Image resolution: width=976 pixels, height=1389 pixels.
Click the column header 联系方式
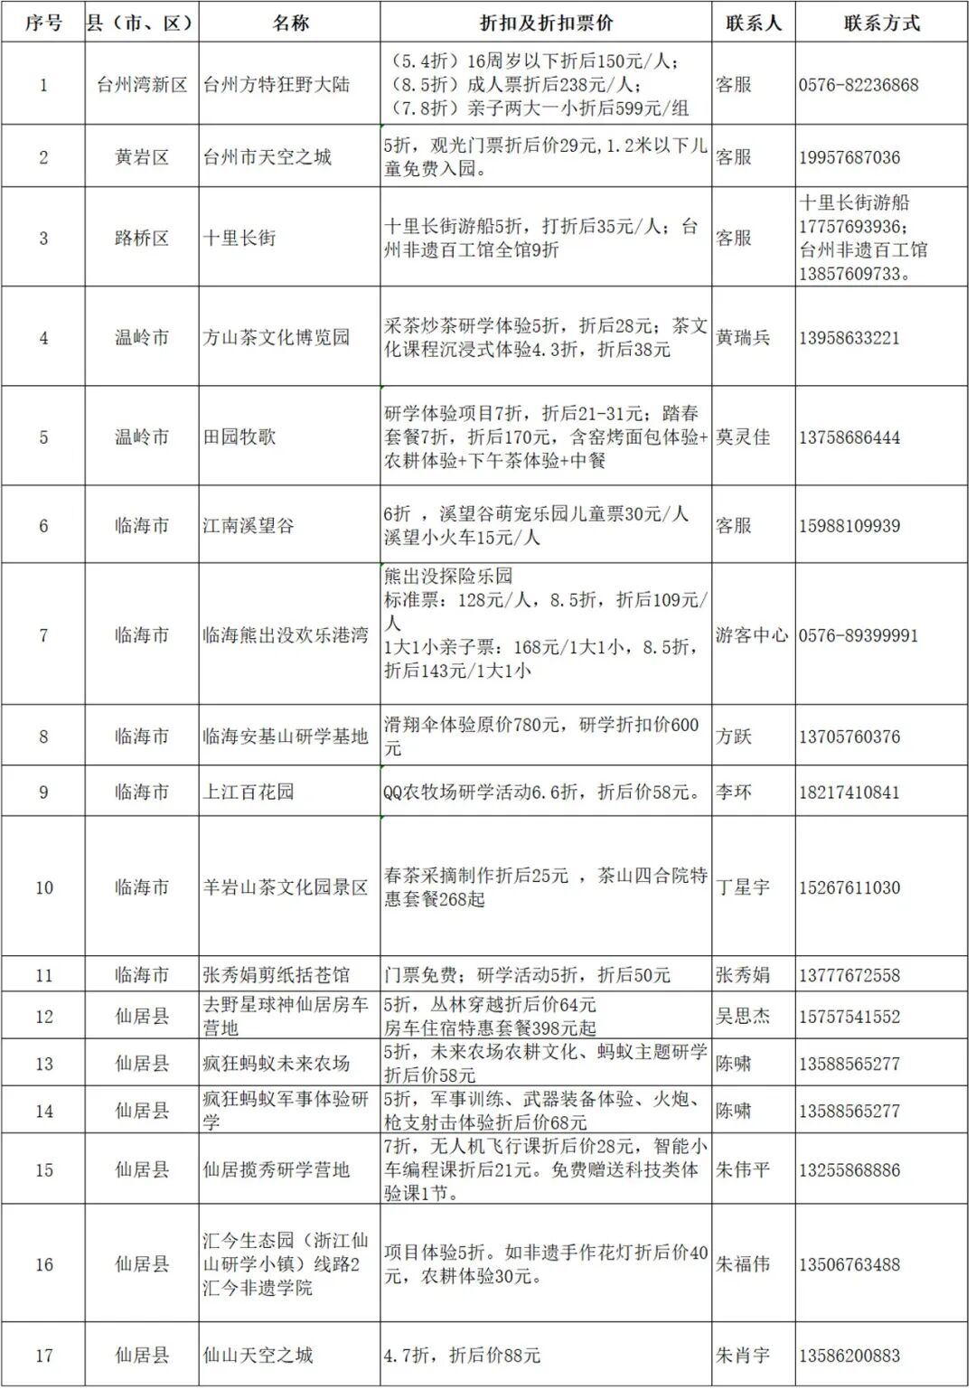(881, 23)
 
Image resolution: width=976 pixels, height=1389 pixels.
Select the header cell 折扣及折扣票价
(546, 23)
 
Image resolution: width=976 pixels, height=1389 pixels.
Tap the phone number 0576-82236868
(858, 85)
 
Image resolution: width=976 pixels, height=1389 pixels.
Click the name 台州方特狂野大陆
(276, 85)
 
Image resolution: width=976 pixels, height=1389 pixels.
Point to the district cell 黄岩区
(142, 157)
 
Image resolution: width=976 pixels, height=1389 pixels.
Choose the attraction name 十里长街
(239, 238)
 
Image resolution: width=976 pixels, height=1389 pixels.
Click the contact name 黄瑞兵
(743, 338)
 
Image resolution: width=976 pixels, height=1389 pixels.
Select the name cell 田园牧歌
(239, 437)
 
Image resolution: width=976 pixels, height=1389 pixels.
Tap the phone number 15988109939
(849, 526)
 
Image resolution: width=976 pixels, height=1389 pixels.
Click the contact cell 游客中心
(752, 635)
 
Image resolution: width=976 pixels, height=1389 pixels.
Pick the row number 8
(43, 737)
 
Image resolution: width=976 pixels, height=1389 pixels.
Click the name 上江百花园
(249, 793)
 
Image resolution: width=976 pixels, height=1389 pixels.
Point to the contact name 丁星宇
(743, 887)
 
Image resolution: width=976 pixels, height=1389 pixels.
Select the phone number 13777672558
(849, 975)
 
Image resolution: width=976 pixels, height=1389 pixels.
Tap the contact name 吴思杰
(743, 1017)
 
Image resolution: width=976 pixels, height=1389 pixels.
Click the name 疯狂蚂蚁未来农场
(276, 1064)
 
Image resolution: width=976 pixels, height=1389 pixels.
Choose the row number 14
(43, 1111)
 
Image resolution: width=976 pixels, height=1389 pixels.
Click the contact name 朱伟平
(743, 1170)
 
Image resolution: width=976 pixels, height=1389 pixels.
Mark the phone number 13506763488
(849, 1264)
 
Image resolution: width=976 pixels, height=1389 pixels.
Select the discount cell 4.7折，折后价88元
(462, 1356)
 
